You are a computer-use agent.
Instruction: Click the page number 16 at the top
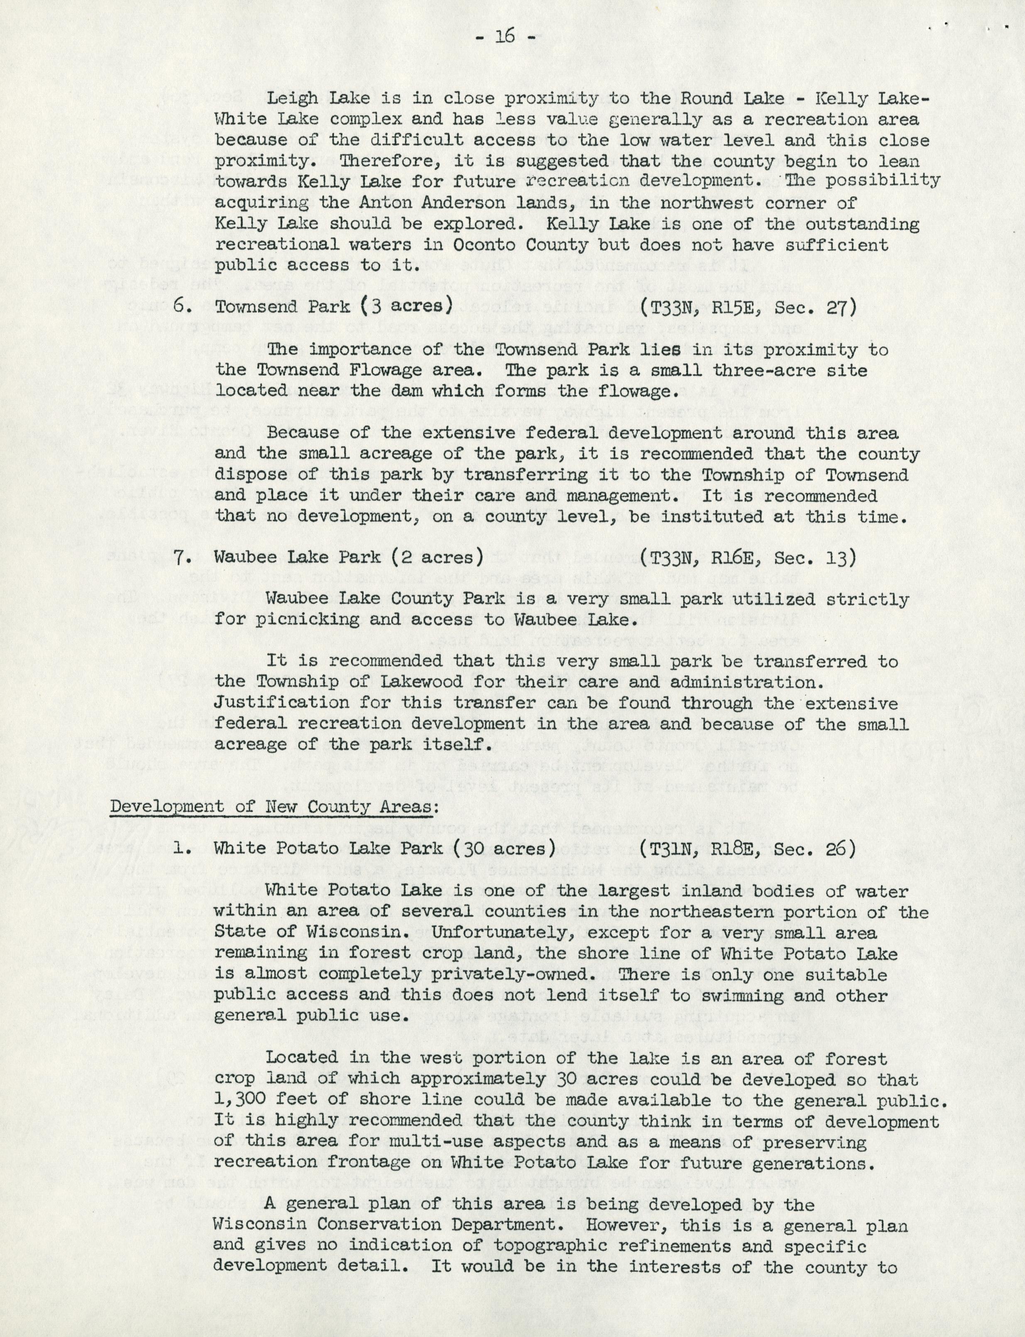tap(505, 37)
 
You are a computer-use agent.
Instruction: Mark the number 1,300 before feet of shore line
tap(240, 1101)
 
